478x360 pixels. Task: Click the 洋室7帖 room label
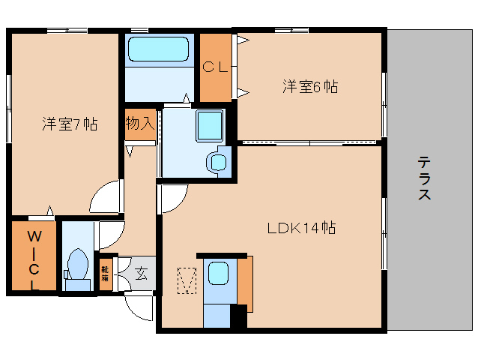(x=69, y=124)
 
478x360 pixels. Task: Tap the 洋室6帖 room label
(x=309, y=86)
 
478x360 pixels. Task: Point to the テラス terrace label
(x=424, y=178)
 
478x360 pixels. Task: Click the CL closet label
(x=215, y=67)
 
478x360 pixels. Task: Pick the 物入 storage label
(x=140, y=122)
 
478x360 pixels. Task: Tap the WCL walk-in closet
(x=33, y=259)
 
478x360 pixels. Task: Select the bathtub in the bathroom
(x=160, y=49)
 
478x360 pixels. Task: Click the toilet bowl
(x=76, y=266)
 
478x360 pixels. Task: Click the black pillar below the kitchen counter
(x=238, y=316)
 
